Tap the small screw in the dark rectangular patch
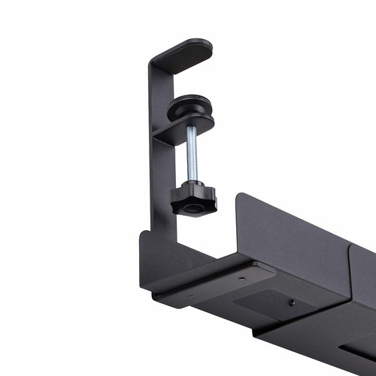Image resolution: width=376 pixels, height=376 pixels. [291, 302]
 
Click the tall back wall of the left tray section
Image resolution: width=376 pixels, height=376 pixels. [293, 241]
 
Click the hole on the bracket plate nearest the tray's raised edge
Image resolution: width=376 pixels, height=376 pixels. [241, 278]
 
